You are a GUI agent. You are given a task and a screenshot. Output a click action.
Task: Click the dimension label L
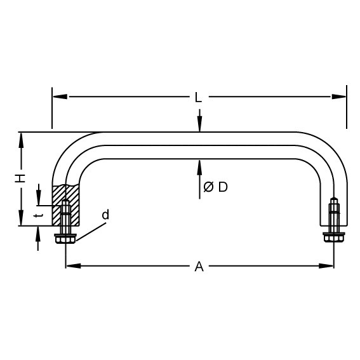(x=198, y=97)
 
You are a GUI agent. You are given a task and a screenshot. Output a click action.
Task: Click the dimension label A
(x=199, y=266)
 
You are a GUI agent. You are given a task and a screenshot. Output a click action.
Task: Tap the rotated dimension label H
(x=20, y=178)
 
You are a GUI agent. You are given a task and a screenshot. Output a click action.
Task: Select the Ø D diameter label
(x=215, y=187)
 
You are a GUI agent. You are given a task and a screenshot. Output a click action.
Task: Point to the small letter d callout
(x=105, y=215)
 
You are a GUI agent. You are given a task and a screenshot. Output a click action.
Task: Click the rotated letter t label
(x=38, y=216)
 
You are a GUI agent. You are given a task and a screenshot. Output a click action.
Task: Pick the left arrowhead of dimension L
(x=60, y=97)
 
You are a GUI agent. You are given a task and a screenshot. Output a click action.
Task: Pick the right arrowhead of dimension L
(x=338, y=97)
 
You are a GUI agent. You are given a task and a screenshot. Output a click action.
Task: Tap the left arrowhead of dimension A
(x=74, y=266)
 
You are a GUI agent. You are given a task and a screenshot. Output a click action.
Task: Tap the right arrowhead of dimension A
(x=326, y=266)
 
